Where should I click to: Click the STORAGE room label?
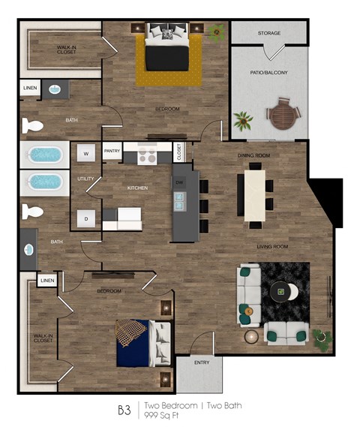[x=268, y=34]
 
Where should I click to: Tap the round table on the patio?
[x=283, y=116]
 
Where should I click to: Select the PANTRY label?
[x=112, y=150]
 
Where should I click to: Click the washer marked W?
[x=86, y=154]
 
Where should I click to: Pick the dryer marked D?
[x=86, y=218]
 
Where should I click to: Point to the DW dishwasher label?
[x=180, y=183]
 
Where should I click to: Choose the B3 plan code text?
[x=124, y=410]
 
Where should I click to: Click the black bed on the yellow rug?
[x=166, y=53]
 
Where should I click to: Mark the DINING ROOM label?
[x=253, y=155]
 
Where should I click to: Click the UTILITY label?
[x=85, y=179]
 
